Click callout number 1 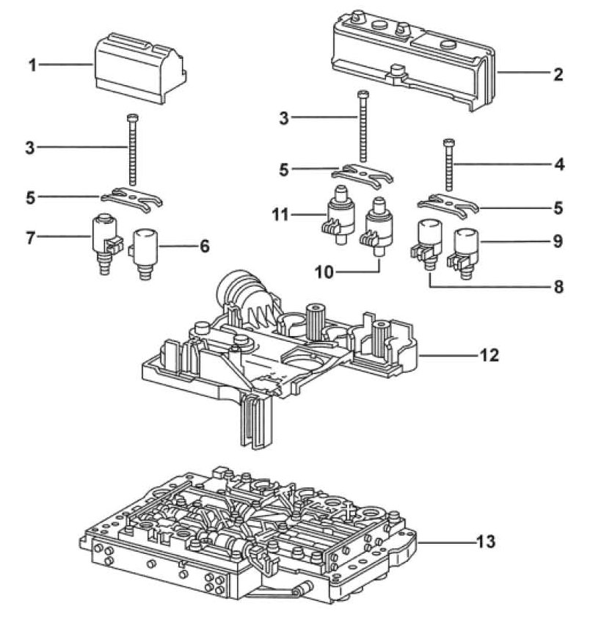[32, 65]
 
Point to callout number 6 [205, 248]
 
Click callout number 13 [487, 543]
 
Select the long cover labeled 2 [411, 58]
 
